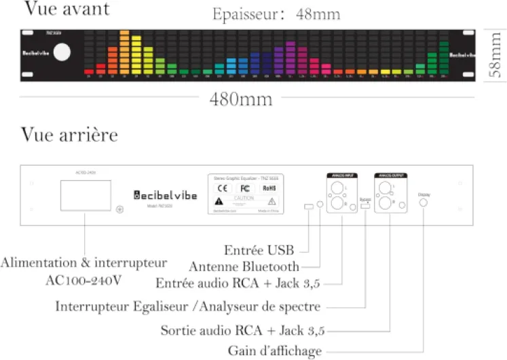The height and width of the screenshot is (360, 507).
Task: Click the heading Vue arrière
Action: [x=69, y=134]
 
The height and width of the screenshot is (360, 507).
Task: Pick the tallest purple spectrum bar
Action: [x=290, y=57]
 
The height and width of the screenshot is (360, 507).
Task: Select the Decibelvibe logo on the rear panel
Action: [x=166, y=195]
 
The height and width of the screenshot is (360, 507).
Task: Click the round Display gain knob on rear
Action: [x=424, y=203]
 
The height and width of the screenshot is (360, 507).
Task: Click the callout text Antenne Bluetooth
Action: [x=244, y=266]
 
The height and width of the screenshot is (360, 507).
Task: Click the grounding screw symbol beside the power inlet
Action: [x=120, y=209]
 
